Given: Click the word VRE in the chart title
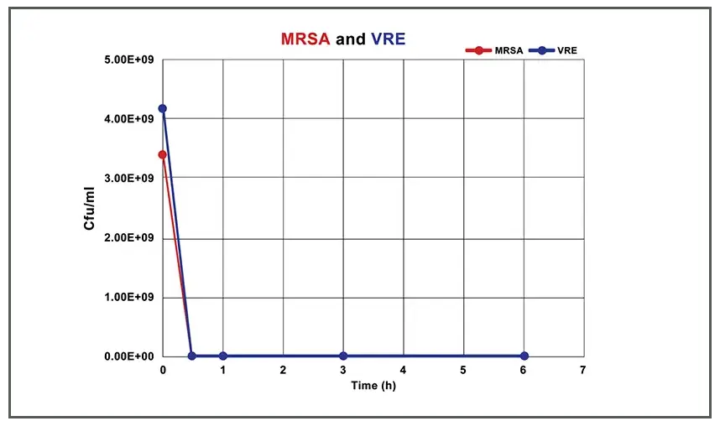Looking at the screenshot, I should point(389,39).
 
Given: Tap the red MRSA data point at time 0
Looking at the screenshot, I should point(163,154).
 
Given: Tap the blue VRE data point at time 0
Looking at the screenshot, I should point(163,109).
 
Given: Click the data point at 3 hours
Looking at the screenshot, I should point(343,356).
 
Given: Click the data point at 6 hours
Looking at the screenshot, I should point(524,356).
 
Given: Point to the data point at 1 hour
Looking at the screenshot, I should point(222,356).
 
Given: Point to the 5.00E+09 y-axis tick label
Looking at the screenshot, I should point(129,60).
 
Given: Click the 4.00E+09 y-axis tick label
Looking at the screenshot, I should point(129,119).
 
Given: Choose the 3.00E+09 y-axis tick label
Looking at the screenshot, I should point(129,179).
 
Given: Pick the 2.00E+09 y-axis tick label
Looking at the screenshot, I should point(129,238).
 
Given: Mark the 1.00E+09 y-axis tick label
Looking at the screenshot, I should point(129,297).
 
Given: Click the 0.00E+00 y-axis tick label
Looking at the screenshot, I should point(129,356).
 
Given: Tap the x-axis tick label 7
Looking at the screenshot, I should point(583,370).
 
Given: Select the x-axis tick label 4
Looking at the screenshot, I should point(403,370).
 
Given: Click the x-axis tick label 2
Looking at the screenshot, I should point(283,370).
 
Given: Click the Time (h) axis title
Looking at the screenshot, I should point(373,386).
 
